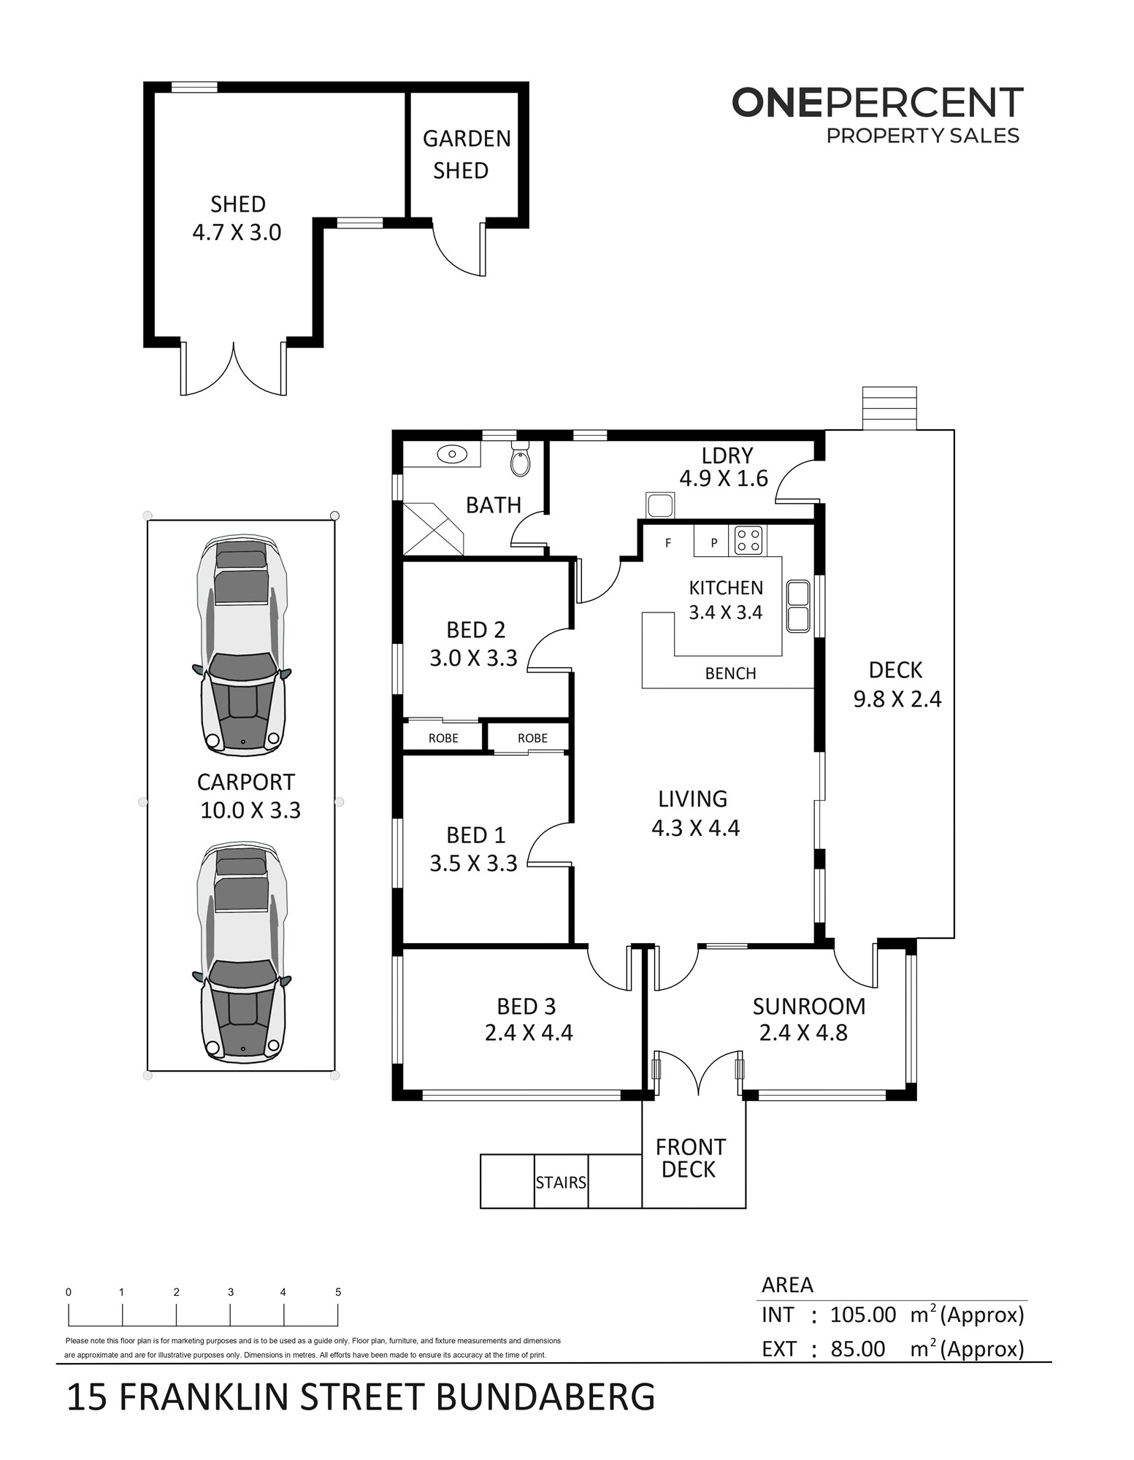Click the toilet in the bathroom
coord(520,458)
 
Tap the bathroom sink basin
coord(452,454)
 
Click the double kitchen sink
coord(797,606)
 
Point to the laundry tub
coord(660,505)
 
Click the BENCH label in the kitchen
coord(730,674)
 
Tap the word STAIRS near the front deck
coord(561,1182)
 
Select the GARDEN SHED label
coord(466,154)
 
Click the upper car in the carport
coord(242,645)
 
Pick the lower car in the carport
coord(242,952)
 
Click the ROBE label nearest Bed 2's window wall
coord(443,738)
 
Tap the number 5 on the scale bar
coord(338,1292)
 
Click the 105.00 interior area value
coord(863,1315)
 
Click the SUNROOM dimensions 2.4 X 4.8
coord(803,1033)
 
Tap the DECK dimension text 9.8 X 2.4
coord(897,699)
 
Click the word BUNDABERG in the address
coord(545,1396)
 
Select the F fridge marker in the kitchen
coord(668,543)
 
